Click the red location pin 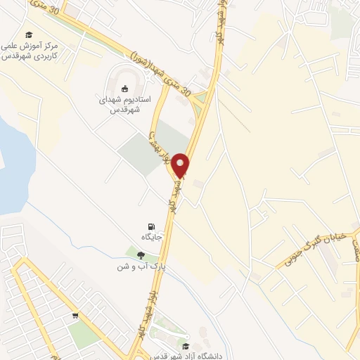tap(181, 165)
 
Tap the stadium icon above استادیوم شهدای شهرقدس tap(125, 89)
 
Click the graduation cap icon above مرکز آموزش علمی tap(29, 35)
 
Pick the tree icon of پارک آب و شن tap(141, 255)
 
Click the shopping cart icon tap(75, 316)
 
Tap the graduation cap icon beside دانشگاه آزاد tap(186, 346)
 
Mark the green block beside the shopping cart tap(84, 335)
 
